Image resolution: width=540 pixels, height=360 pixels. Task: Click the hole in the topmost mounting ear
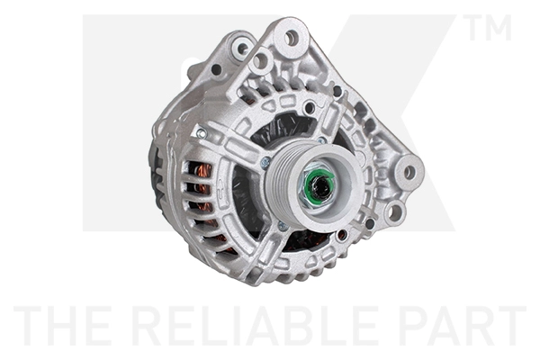coord(292,38)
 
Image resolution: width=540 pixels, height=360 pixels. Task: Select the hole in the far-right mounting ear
coord(409,172)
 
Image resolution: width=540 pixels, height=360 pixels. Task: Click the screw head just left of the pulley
coord(265,162)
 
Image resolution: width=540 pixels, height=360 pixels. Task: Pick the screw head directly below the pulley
coord(282,226)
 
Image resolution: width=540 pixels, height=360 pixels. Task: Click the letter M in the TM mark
coord(499,27)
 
